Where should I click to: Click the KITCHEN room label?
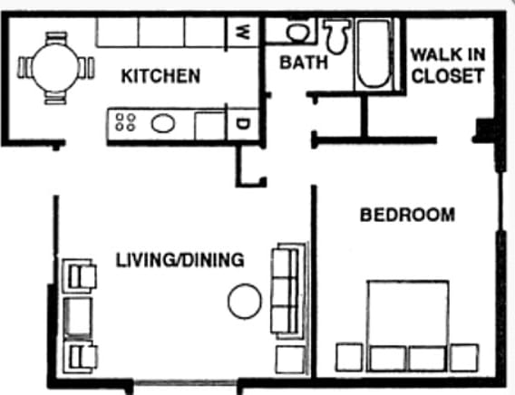(160, 77)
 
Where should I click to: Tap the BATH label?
(297, 63)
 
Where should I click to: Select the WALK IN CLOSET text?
(448, 64)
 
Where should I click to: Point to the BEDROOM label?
(407, 216)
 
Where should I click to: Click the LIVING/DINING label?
(180, 261)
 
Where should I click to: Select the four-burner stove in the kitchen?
(125, 123)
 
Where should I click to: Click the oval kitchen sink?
(163, 123)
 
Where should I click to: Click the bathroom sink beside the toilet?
(296, 33)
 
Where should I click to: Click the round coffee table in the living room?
(244, 301)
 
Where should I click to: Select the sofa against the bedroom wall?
(287, 290)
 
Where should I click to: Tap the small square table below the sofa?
(289, 356)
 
